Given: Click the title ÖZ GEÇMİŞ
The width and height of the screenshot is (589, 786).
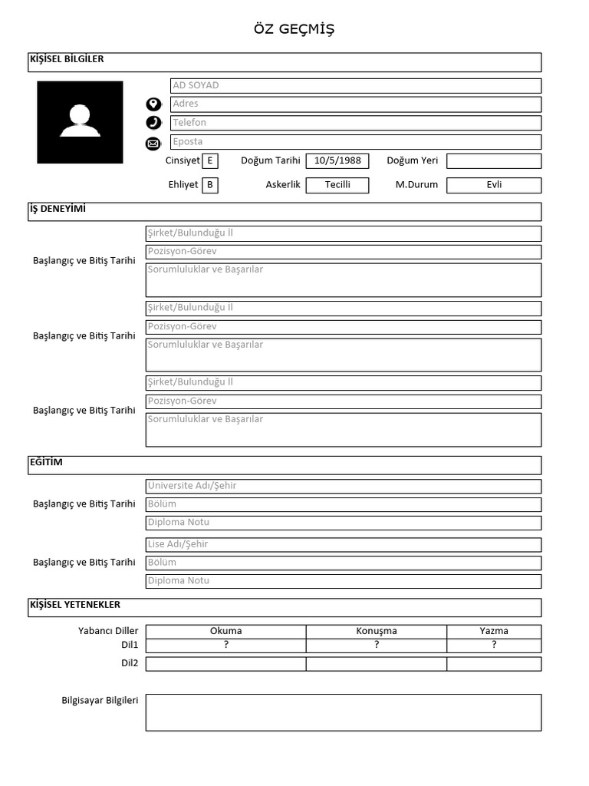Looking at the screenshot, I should (x=294, y=29).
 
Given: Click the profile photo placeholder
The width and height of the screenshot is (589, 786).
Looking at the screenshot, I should (x=80, y=122).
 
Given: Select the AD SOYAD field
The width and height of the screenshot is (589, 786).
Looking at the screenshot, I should (x=355, y=85).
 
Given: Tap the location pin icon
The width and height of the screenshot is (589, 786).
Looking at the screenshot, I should (x=153, y=104).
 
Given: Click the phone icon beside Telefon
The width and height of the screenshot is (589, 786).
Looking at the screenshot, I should (x=153, y=123).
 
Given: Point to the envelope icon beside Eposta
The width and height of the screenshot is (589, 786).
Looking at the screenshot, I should (x=153, y=143).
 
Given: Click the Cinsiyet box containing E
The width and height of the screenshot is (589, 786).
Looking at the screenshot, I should (x=209, y=161).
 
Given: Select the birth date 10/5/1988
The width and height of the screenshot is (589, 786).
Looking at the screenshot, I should (x=337, y=161).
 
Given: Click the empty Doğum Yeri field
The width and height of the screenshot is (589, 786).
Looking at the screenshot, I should (x=493, y=161).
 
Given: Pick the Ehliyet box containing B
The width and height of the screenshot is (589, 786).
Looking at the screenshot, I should (x=209, y=185).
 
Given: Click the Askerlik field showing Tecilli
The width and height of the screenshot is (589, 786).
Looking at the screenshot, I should (x=337, y=185).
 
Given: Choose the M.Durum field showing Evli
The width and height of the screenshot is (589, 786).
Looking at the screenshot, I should (x=493, y=185).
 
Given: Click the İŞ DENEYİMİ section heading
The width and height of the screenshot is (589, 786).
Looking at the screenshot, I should (x=58, y=209).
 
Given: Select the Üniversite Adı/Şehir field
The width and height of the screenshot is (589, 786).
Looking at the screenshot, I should (x=343, y=486).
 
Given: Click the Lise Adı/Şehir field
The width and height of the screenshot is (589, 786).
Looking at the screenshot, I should (x=343, y=544).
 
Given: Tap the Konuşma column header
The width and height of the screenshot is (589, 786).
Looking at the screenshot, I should (x=376, y=631).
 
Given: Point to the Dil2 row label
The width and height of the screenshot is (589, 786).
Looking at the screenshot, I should (x=129, y=663).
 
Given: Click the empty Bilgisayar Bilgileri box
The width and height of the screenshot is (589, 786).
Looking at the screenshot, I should (x=343, y=712).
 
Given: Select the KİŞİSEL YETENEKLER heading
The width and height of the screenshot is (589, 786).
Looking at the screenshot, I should (x=74, y=605).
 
